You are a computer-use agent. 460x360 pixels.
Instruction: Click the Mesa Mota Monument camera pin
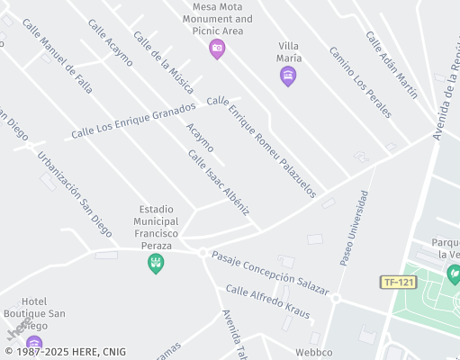point(216,49)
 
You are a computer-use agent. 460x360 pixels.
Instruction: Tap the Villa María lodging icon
point(288,77)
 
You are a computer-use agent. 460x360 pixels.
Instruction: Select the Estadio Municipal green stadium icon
point(156,263)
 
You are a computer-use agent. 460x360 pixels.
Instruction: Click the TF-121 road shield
point(398,283)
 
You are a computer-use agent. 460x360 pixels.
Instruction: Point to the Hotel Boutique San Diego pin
point(34,343)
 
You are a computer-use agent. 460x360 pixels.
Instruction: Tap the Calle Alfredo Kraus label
point(267,302)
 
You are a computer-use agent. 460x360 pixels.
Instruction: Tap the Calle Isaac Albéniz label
point(218,182)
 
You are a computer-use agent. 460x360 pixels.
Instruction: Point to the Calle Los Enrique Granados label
point(133,121)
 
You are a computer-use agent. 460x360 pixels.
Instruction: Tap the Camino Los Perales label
point(360,82)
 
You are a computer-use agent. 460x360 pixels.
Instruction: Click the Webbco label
point(313,352)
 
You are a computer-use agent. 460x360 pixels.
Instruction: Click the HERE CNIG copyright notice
point(65,352)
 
